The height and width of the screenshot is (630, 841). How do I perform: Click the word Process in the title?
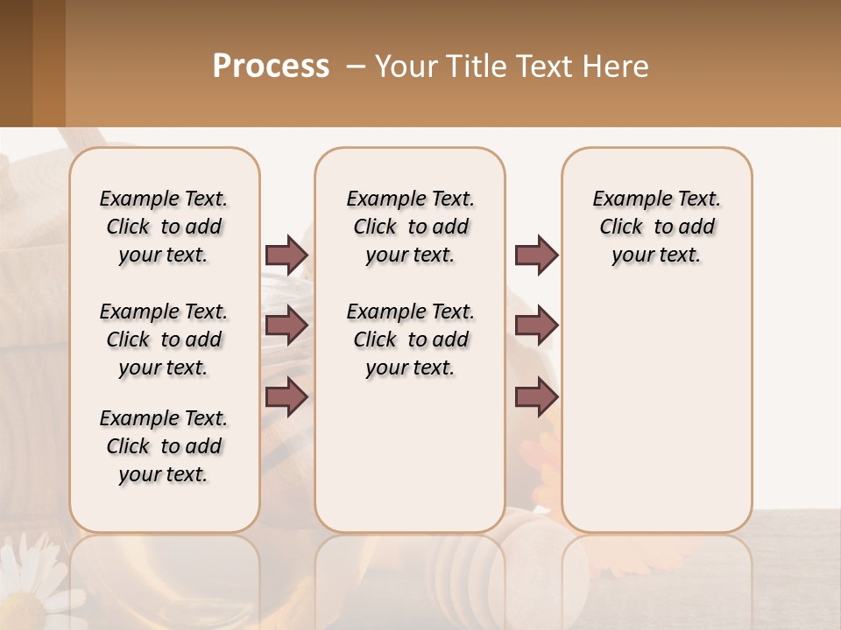coord(271,66)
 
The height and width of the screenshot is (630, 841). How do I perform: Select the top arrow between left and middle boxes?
coord(286,255)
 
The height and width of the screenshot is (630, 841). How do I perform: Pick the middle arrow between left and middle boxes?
coord(286,325)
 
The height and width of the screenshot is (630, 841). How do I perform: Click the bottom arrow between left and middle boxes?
coord(286,397)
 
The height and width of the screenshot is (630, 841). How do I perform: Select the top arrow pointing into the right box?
coord(536,255)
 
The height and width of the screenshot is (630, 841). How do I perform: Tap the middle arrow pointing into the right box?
coord(536,325)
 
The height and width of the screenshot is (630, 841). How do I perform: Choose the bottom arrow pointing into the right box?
coord(536,397)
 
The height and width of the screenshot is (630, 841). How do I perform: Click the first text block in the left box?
coord(164,227)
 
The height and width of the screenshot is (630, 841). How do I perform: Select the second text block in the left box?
coord(164,339)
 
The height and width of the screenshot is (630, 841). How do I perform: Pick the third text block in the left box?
coord(164,446)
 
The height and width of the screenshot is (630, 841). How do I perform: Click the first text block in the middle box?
coord(411,227)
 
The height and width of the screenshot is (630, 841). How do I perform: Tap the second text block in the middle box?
coord(411,339)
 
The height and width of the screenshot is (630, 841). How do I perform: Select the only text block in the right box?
coord(657,227)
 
